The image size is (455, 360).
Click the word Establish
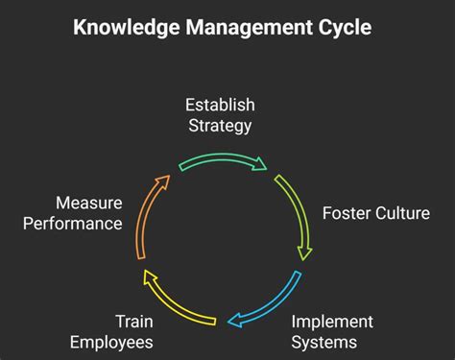221,105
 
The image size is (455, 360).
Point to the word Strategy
221,125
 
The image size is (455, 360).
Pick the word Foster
346,212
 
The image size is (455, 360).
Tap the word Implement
332,322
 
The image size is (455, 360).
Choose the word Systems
324,342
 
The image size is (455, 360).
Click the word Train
134,322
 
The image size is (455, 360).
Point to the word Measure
89,204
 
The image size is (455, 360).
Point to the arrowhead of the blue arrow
233,321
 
